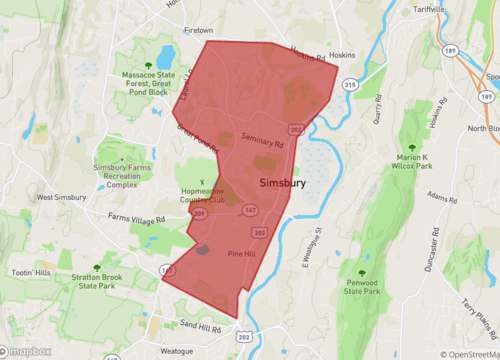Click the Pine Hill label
(x=243, y=254)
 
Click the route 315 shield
(x=349, y=87)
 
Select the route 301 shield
(x=199, y=214)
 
